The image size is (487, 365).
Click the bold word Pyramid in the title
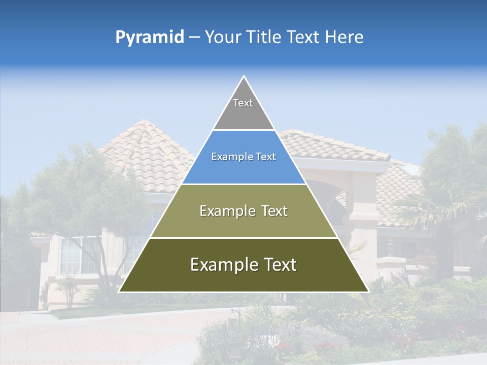pyautogui.click(x=149, y=37)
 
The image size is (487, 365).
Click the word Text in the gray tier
pyautogui.click(x=243, y=103)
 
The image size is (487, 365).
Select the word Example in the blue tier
pyautogui.click(x=228, y=157)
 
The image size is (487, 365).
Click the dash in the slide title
pyautogui.click(x=194, y=37)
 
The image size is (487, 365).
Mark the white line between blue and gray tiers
pyautogui.click(x=243, y=130)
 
